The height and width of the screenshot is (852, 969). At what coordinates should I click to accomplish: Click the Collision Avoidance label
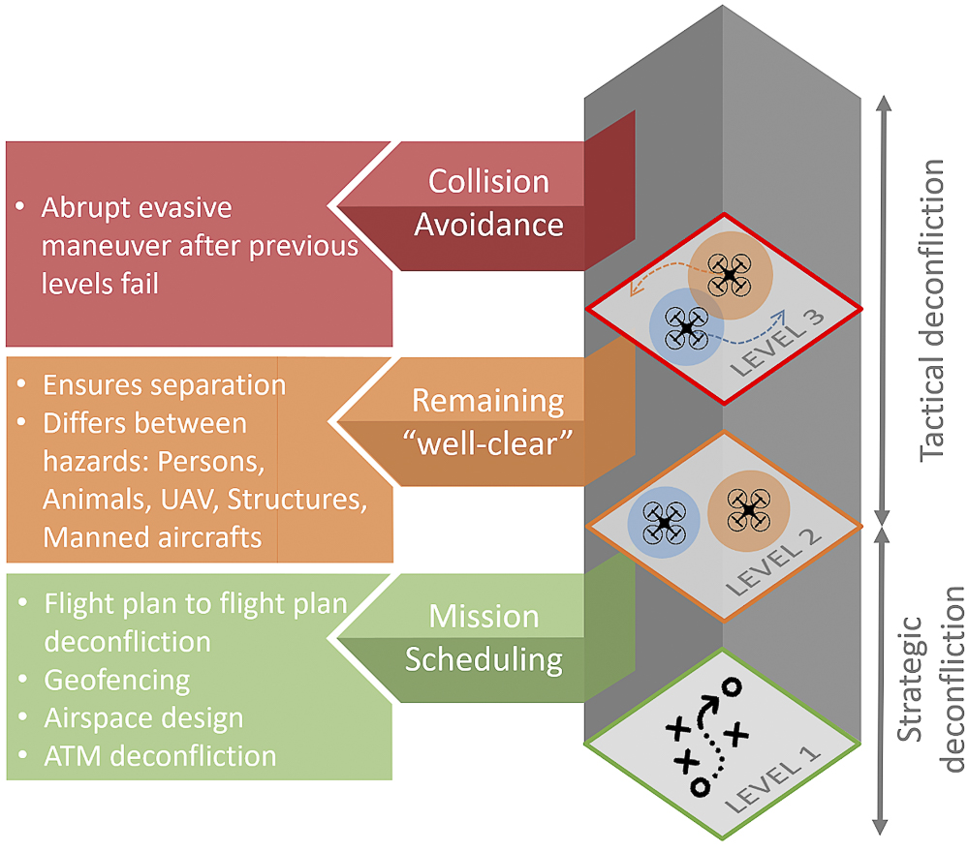coord(488,203)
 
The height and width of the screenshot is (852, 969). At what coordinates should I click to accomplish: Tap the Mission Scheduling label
coord(484,638)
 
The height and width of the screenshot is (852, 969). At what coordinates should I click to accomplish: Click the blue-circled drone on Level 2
coord(664,522)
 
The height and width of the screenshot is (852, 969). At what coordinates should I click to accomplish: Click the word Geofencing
coord(117,680)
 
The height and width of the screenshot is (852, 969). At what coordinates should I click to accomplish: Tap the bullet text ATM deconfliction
coord(160,755)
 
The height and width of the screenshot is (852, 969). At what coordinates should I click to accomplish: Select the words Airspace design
coord(143,717)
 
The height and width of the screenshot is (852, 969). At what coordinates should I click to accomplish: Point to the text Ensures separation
coord(164,384)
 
